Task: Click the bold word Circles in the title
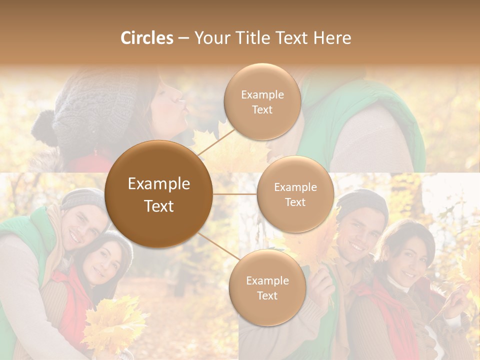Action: point(146,38)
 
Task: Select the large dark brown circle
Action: point(159,194)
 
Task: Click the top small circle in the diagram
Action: point(262,102)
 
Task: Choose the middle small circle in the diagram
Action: point(295,194)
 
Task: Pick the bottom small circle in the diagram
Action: point(267,287)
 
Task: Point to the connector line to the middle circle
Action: point(234,193)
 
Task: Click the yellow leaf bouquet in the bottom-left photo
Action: point(112,325)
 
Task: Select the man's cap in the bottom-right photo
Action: point(361,202)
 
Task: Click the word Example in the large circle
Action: point(159,184)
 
